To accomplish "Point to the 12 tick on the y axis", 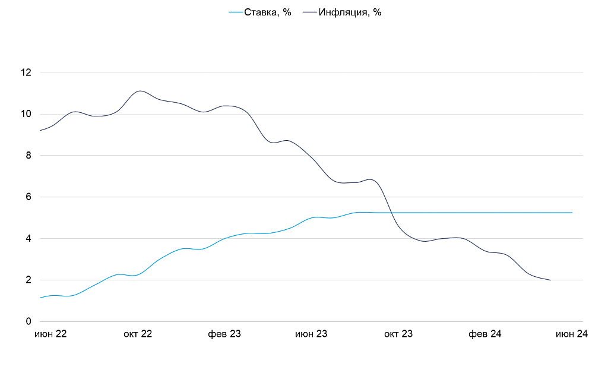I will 26,72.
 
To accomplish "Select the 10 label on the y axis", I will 26,114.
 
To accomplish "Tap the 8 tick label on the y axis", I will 28,156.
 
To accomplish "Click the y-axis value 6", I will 28,197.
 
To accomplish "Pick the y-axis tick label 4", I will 28,239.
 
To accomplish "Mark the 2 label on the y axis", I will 28,280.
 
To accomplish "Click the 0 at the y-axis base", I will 28,321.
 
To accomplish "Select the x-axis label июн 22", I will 50,334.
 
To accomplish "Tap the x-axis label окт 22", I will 138,334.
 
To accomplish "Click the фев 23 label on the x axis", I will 224,334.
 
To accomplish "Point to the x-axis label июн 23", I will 311,334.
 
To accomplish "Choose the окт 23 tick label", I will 398,334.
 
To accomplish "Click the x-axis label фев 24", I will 485,334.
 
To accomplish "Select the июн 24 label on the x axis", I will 571,334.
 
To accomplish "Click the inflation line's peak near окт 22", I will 140,91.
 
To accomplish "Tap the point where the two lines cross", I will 392,212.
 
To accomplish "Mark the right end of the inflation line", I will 550,280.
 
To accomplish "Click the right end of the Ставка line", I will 572,212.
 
